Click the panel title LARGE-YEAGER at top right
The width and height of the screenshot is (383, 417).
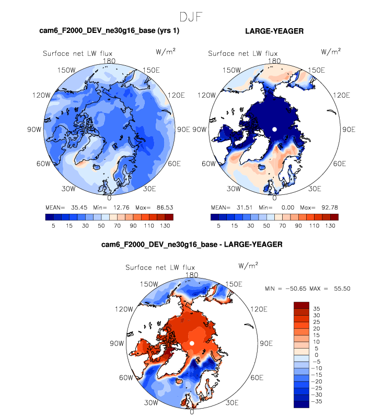274,32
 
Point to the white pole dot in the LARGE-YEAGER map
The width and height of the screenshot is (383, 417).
274,129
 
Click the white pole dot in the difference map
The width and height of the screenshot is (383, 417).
192,343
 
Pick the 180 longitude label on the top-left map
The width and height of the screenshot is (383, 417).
109,61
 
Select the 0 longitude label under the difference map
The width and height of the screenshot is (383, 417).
192,412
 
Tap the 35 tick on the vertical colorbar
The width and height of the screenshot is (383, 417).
317,309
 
